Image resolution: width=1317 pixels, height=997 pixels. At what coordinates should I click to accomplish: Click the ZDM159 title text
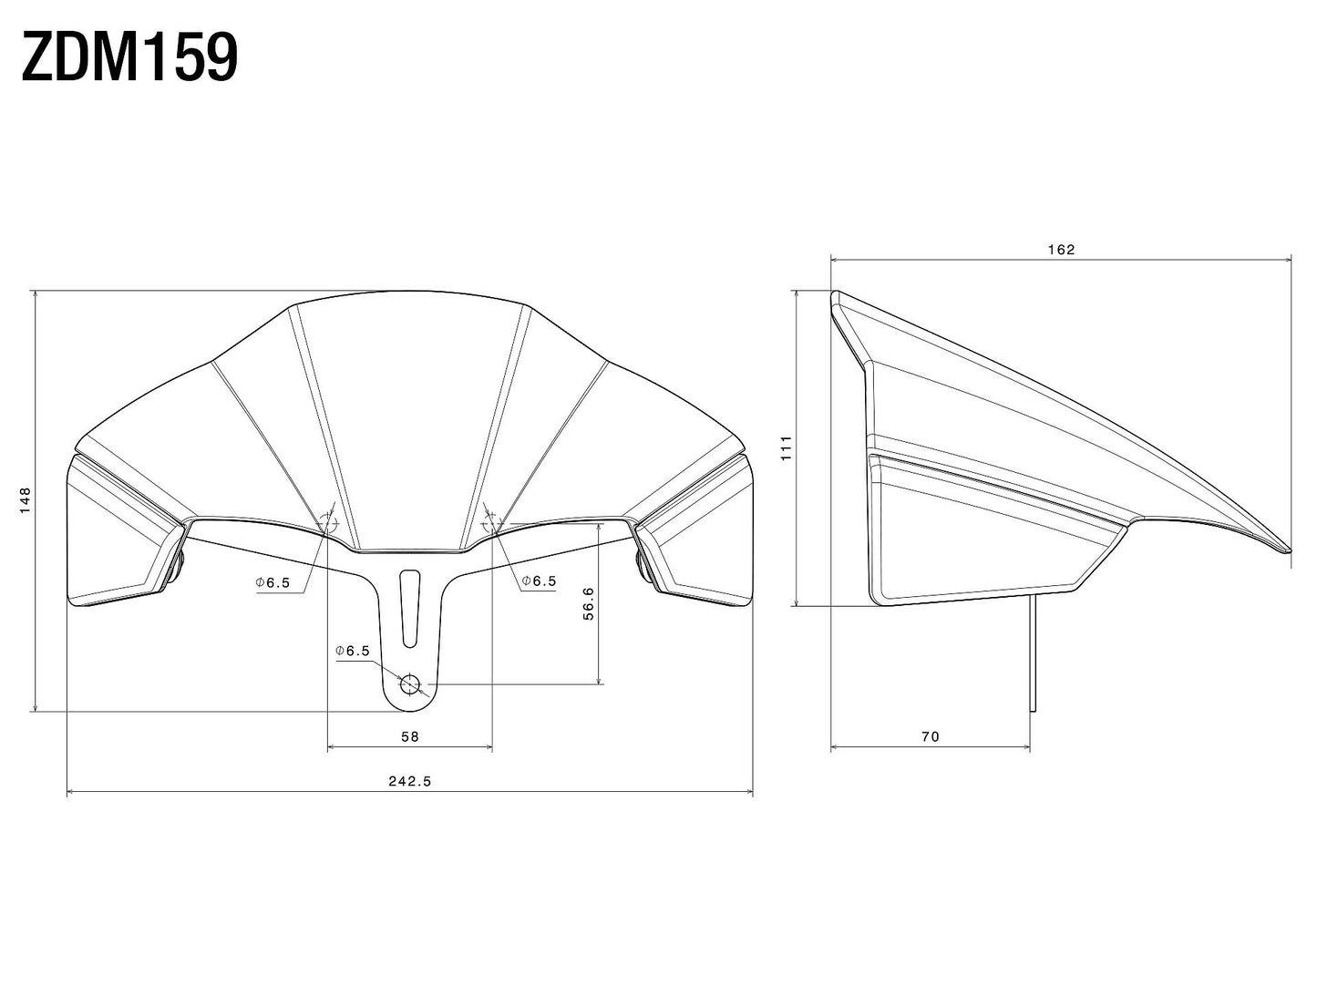click(x=129, y=57)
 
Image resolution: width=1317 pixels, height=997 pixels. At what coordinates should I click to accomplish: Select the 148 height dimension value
click(x=26, y=499)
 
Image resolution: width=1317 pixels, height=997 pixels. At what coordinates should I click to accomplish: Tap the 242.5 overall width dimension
click(x=410, y=781)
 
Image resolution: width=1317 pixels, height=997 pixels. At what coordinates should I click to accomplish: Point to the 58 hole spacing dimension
click(x=409, y=736)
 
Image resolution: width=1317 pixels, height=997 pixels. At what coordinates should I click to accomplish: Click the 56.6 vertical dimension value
click(x=588, y=603)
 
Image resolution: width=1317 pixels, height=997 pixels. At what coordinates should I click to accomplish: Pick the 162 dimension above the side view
click(x=1062, y=249)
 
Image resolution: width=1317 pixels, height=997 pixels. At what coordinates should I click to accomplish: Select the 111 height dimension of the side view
click(x=787, y=447)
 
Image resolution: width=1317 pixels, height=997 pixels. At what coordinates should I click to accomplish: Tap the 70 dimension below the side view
click(x=930, y=736)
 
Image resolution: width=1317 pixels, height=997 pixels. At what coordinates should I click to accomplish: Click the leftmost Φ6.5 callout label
click(x=273, y=582)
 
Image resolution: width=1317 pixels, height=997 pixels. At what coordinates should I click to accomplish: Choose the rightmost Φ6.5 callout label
click(x=539, y=581)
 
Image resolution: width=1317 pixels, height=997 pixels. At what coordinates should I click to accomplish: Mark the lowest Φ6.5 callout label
click(x=353, y=651)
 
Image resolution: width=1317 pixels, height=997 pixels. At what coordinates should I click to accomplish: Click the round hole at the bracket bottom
click(x=409, y=684)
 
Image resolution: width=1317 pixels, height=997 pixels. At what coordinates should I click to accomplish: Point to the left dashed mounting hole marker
click(x=329, y=523)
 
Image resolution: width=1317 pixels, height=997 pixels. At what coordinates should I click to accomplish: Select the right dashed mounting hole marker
click(x=490, y=523)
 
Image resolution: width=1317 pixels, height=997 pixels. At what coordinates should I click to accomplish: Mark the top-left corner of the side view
click(x=835, y=294)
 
